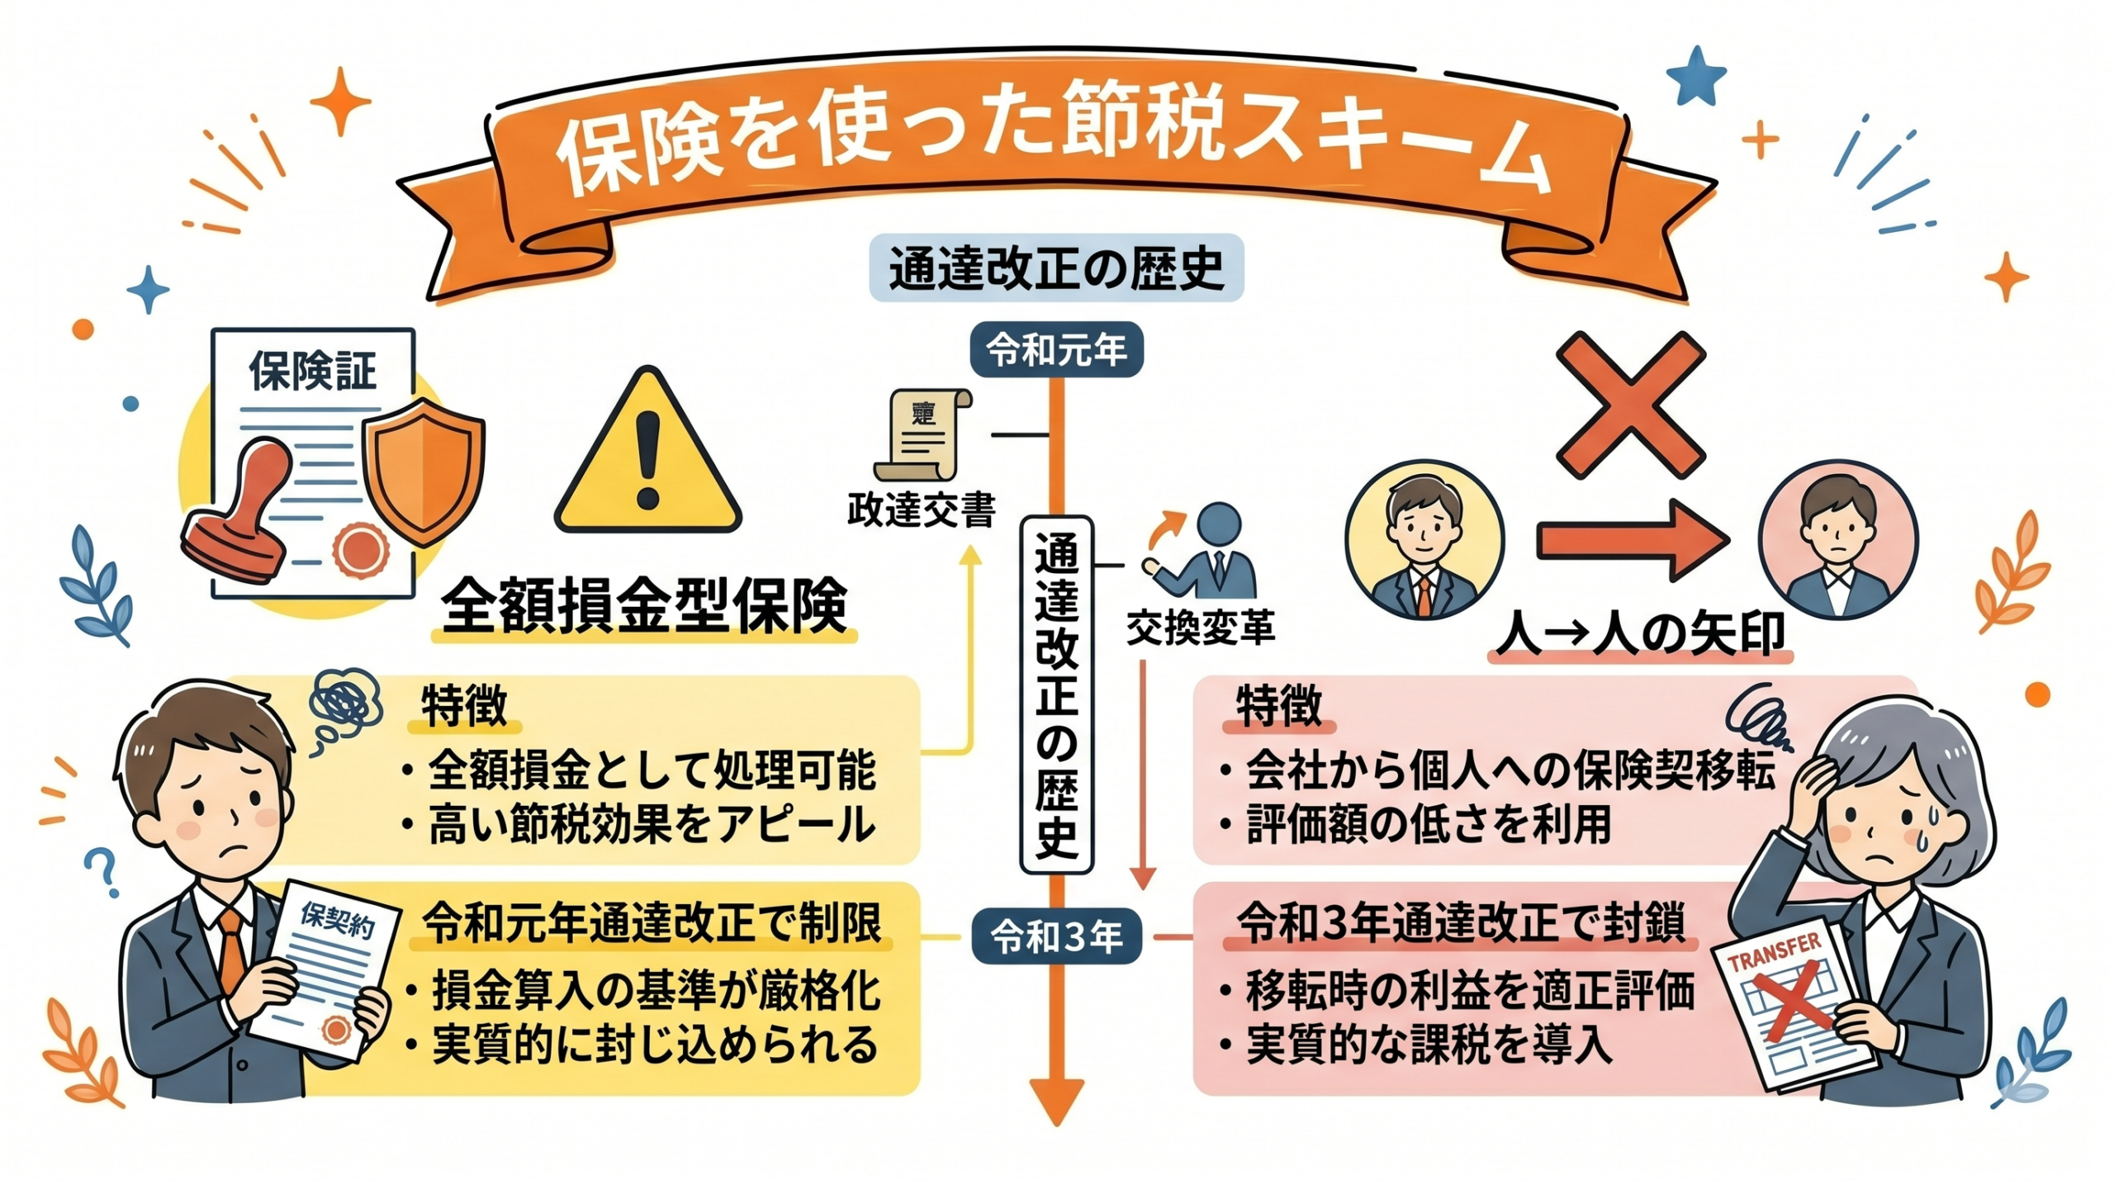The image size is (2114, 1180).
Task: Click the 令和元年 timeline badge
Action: click(x=1056, y=351)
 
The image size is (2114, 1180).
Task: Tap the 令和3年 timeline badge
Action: click(x=1056, y=936)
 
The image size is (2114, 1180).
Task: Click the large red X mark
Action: click(x=1630, y=405)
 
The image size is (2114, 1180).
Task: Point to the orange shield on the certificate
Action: click(x=423, y=471)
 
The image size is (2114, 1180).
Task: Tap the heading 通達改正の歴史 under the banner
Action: click(x=1056, y=268)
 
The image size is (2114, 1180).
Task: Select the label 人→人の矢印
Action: click(x=1641, y=634)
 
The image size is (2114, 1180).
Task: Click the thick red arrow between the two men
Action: click(x=1631, y=541)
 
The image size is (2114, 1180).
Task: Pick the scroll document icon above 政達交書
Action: click(x=921, y=434)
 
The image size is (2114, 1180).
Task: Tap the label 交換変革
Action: click(x=1201, y=628)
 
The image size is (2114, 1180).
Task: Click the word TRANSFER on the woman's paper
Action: click(x=1774, y=951)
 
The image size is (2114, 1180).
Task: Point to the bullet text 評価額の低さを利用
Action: click(x=1429, y=824)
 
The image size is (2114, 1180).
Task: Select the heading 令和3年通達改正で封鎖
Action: click(x=1461, y=923)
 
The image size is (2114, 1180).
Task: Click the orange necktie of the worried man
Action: click(x=233, y=950)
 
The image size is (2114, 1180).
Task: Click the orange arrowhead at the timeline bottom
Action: click(x=1056, y=1102)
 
